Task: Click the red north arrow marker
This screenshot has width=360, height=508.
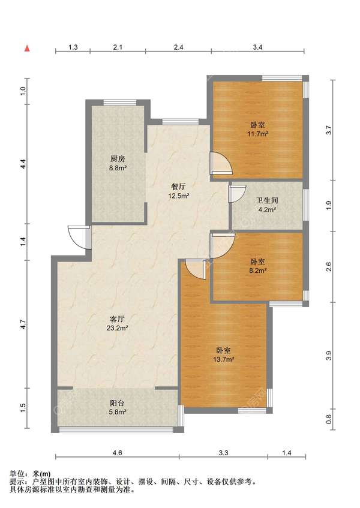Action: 28,49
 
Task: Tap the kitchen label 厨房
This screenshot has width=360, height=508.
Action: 118,159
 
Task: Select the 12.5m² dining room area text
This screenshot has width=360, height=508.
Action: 179,196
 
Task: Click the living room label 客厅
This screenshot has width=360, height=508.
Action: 117,319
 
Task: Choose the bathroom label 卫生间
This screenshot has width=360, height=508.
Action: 267,201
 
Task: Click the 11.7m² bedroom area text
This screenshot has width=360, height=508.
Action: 258,134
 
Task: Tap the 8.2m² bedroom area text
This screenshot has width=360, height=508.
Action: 258,270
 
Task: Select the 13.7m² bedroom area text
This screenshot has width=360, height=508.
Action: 224,359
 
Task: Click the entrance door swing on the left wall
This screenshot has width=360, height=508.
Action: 79,237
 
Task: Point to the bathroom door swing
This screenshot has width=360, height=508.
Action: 238,194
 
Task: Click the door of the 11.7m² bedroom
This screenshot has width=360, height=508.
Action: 221,163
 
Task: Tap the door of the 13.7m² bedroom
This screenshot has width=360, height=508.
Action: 196,269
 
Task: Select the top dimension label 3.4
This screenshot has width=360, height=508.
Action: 257,47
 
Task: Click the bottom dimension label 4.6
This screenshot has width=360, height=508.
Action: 117,453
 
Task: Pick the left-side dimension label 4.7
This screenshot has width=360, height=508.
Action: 22,324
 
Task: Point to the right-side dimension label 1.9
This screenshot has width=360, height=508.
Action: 329,205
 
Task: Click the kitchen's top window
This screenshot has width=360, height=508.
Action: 119,103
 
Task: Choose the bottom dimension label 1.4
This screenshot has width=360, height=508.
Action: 287,453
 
